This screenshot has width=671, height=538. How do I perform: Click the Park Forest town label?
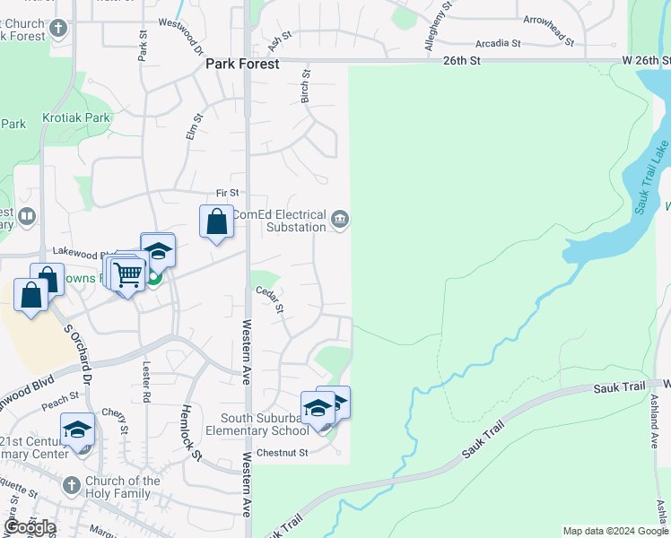click(x=242, y=65)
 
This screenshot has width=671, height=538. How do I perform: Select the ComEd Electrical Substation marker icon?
click(x=340, y=219)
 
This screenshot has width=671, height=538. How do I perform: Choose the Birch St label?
click(x=306, y=88)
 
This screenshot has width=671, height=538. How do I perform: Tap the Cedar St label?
click(x=270, y=299)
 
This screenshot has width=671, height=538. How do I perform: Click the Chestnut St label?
click(x=282, y=453)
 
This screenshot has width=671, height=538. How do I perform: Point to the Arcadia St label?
click(x=498, y=43)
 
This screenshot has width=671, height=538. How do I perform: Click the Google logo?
click(x=29, y=527)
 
